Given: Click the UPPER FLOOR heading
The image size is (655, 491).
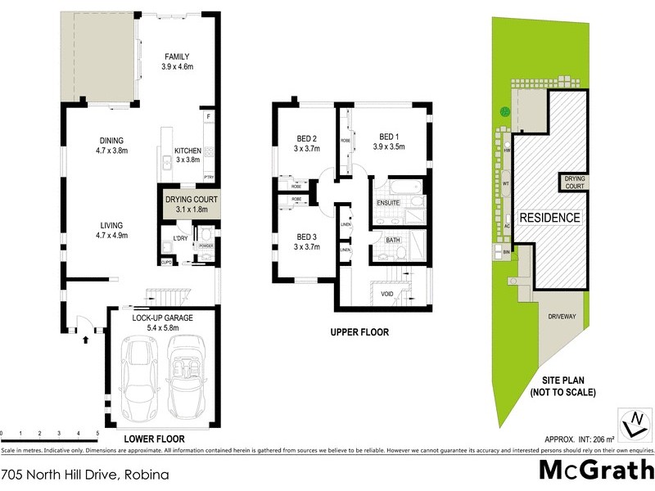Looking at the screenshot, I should click(x=359, y=333).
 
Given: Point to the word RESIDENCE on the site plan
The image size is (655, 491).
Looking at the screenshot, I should click(x=550, y=218).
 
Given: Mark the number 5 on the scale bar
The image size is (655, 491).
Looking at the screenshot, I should click(x=97, y=432).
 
